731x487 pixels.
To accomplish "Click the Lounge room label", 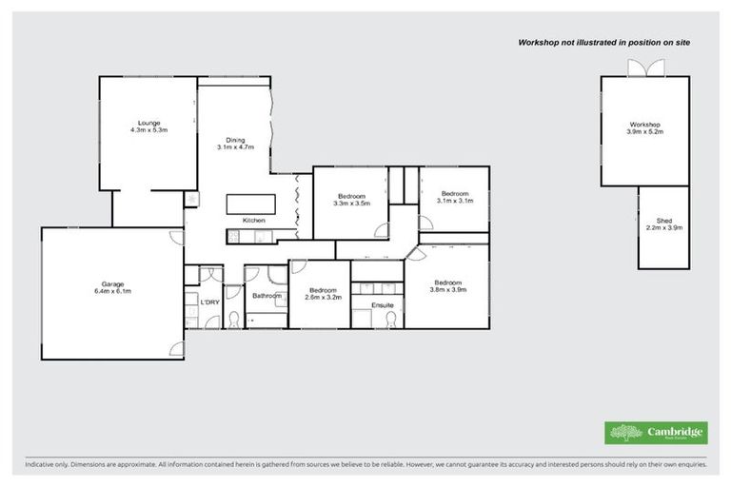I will (148, 127).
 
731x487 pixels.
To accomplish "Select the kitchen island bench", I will (251, 205).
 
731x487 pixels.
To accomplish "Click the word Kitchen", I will (254, 221).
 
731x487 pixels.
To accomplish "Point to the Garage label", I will (112, 287).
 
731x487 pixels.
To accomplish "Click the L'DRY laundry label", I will (209, 302).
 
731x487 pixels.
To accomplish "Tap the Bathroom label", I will (267, 296).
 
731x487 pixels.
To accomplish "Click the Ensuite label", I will (381, 304).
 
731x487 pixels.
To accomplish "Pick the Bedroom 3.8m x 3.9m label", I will (447, 286).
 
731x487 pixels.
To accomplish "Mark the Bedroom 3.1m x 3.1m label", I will (455, 196).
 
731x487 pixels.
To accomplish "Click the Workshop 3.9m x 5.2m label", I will (644, 128).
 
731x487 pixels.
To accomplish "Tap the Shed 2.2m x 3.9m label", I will (663, 224).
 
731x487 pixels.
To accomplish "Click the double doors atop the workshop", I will (637, 68).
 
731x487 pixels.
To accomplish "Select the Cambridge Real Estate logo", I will (657, 433).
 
